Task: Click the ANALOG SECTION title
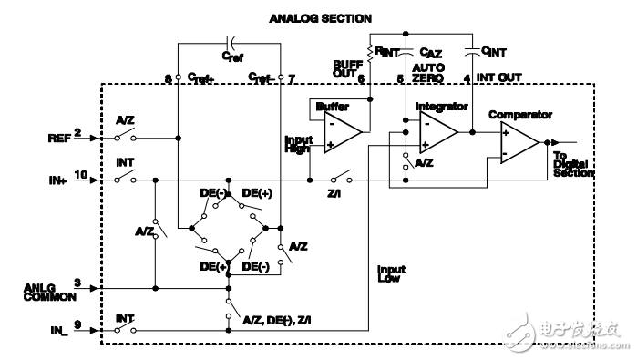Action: tap(316, 17)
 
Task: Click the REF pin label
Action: tap(57, 138)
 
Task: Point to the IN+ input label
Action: tap(57, 180)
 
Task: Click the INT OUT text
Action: tap(493, 78)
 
